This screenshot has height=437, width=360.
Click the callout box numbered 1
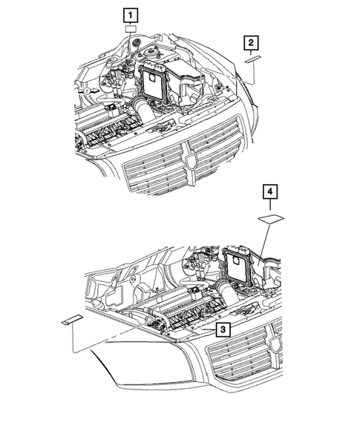point(131,15)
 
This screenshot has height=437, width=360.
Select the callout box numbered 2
point(253,42)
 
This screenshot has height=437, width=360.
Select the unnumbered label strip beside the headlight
point(71,321)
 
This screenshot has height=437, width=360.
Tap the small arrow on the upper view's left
point(88,90)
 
